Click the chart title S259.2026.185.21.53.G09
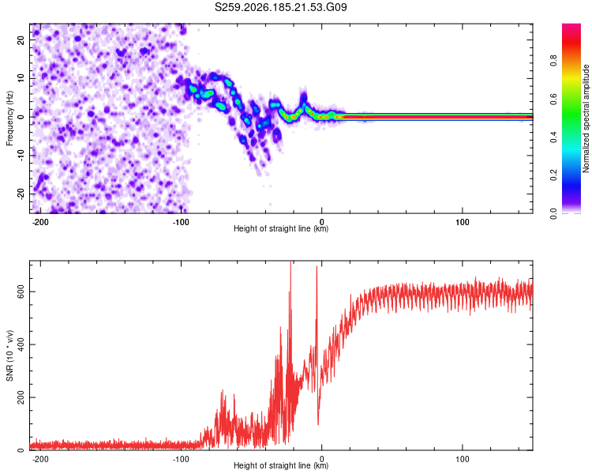pyautogui.click(x=280, y=7)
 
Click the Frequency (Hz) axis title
pyautogui.click(x=9, y=118)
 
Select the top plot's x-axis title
pyautogui.click(x=281, y=228)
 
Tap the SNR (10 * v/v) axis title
pyautogui.click(x=9, y=355)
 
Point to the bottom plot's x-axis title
pyautogui.click(x=281, y=465)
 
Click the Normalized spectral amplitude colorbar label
pyautogui.click(x=586, y=118)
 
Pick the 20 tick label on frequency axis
pyautogui.click(x=21, y=40)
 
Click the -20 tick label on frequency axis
pyautogui.click(x=21, y=194)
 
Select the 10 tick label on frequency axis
pyautogui.click(x=21, y=79)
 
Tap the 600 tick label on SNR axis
pyautogui.click(x=21, y=292)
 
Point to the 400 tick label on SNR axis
pyautogui.click(x=21, y=344)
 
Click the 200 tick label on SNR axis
pyautogui.click(x=21, y=397)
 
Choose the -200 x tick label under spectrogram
pyautogui.click(x=40, y=222)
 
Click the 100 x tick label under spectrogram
pyautogui.click(x=462, y=222)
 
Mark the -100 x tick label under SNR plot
pyautogui.click(x=181, y=459)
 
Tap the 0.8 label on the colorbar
pyautogui.click(x=554, y=61)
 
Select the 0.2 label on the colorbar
pyautogui.click(x=554, y=175)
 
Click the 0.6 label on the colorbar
pyautogui.click(x=554, y=99)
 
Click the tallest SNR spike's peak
pyautogui.click(x=290, y=261)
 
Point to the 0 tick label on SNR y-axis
pyautogui.click(x=21, y=450)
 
